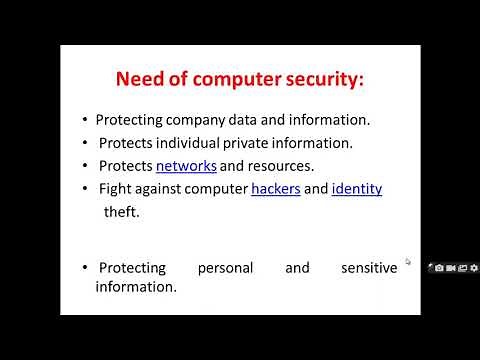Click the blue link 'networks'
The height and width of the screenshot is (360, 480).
coord(186,165)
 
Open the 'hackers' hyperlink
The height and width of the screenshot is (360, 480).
coord(276,188)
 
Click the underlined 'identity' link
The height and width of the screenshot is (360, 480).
coord(357,188)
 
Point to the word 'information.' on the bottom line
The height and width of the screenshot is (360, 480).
coord(136,287)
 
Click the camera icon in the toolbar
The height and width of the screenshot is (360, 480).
coord(438,268)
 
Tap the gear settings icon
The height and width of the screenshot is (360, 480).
coord(474,268)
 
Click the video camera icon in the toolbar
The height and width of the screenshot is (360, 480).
coord(450,268)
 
